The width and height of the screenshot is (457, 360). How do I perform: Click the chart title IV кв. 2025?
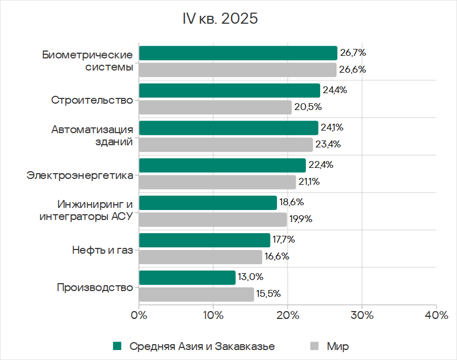[x=220, y=19]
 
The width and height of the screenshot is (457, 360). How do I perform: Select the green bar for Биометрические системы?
[x=238, y=53]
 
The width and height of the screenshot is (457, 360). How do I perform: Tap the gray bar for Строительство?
[x=215, y=107]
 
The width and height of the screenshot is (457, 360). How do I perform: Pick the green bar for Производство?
[x=187, y=277]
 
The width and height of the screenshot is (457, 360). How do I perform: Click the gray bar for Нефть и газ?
[x=201, y=257]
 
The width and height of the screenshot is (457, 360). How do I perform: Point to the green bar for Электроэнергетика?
[x=222, y=165]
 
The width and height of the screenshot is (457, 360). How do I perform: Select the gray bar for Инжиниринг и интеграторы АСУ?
[x=213, y=219]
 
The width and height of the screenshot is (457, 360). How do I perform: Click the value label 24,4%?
[x=335, y=90]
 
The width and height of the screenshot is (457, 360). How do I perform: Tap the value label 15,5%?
[x=269, y=294]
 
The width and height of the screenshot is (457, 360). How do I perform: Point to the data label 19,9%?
[x=301, y=219]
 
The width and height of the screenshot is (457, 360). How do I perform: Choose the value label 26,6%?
[x=352, y=70]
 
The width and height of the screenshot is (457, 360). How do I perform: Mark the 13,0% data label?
[x=250, y=277]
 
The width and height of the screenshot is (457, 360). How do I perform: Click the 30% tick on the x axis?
[x=362, y=316]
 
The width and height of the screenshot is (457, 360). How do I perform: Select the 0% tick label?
[x=139, y=316]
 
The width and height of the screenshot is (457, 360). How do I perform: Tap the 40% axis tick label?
[x=436, y=316]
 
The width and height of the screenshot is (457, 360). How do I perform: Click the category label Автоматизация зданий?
[x=93, y=135]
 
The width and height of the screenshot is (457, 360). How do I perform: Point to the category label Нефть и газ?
[x=102, y=249]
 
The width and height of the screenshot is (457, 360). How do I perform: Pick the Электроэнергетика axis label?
[x=80, y=175]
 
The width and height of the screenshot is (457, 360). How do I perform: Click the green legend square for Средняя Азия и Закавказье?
[x=117, y=346]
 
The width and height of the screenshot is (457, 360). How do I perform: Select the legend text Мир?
[x=337, y=346]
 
